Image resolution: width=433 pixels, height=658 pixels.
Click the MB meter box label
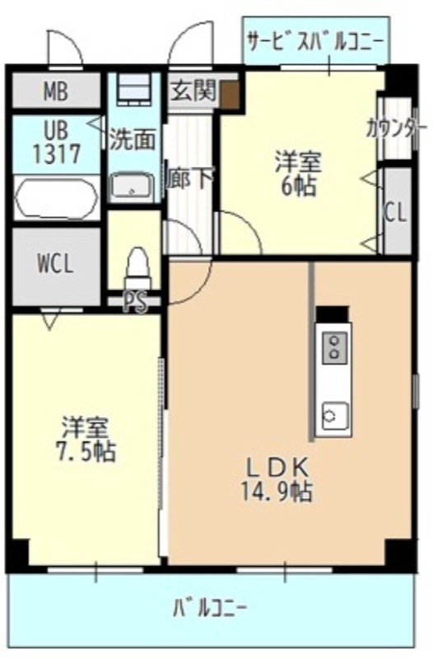tap(56, 91)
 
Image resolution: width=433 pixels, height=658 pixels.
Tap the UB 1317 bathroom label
tap(57, 142)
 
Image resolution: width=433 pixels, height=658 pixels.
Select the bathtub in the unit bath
tap(56, 198)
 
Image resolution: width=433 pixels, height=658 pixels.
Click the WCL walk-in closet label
tap(55, 264)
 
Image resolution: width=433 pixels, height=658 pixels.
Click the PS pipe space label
tap(135, 301)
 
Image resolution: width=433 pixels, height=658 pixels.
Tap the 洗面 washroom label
tap(133, 140)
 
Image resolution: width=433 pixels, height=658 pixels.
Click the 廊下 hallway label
tap(190, 178)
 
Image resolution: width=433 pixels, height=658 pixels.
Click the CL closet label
tap(396, 213)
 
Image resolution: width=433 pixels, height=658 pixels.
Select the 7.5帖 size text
tap(86, 451)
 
